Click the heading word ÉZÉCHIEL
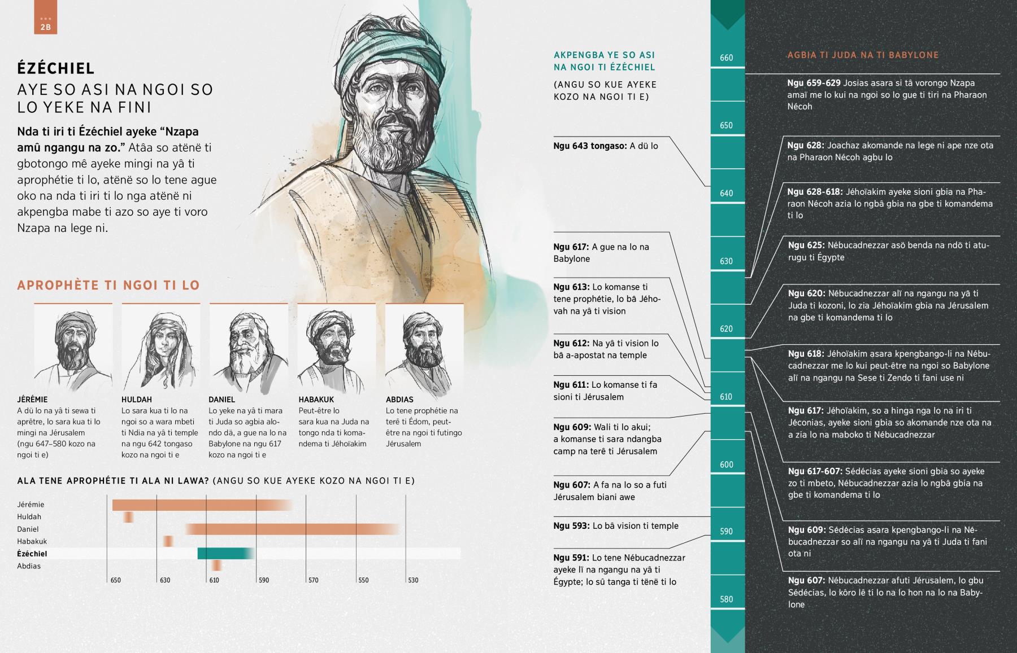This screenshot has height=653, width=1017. (x=56, y=69)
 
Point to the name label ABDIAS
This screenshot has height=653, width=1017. (x=399, y=400)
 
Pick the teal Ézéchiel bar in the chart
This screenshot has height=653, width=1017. (x=224, y=554)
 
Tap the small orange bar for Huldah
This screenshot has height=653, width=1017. (x=129, y=517)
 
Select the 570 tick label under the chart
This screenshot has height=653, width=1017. (x=313, y=580)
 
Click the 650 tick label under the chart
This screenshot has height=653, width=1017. (x=115, y=580)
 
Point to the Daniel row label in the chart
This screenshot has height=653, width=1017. (x=28, y=529)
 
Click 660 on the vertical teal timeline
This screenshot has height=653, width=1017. (x=727, y=58)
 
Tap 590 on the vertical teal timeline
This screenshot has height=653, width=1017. (x=727, y=532)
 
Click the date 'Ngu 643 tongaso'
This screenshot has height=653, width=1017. (x=590, y=146)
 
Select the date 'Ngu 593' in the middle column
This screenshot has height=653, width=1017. (x=571, y=526)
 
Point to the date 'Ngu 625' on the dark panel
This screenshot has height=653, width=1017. (x=806, y=246)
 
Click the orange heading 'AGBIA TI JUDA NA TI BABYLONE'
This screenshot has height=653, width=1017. (x=863, y=55)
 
